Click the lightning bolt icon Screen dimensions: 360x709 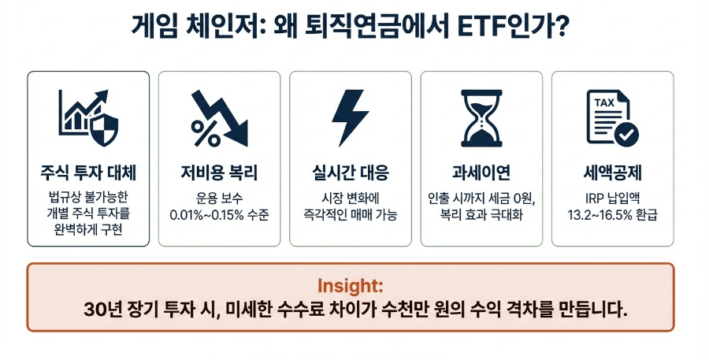tap(350, 117)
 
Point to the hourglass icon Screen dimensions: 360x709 tap(481, 117)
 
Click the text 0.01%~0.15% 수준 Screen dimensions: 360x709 tap(219, 214)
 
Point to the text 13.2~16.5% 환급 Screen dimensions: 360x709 tap(612, 214)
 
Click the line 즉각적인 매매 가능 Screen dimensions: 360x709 tap(350, 214)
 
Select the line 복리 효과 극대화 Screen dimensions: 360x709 tap(481, 214)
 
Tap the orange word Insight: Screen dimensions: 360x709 tap(351, 285)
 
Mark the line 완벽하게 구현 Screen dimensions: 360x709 tap(88, 229)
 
